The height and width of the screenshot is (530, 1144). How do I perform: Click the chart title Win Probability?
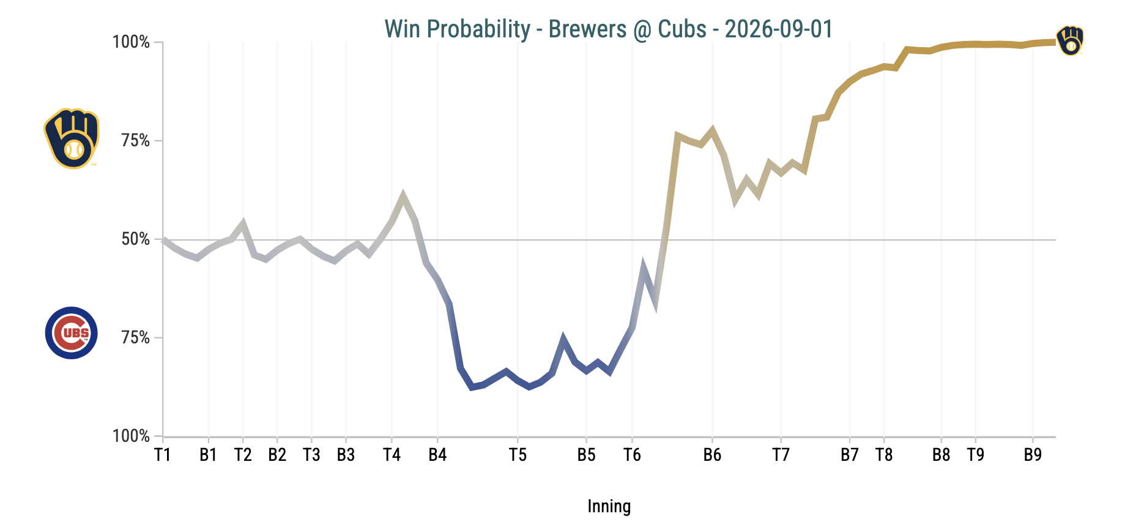[457, 29]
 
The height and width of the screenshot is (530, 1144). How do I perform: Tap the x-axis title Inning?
[609, 507]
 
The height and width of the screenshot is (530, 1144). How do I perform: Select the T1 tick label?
[163, 455]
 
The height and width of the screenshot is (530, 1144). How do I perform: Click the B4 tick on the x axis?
[437, 455]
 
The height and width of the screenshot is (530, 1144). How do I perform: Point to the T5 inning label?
[518, 455]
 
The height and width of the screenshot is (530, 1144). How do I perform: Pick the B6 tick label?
[712, 455]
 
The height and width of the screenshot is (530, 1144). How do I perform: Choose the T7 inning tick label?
[781, 455]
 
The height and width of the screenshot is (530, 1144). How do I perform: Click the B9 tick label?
[1033, 455]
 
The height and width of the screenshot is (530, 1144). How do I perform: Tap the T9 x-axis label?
[975, 455]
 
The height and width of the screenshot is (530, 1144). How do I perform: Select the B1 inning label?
[209, 455]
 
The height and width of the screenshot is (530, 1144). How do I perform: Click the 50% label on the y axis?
[135, 239]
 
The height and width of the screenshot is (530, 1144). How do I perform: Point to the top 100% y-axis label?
[131, 42]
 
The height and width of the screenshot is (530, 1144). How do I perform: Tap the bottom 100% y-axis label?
[131, 436]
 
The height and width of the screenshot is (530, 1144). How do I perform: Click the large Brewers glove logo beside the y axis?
[72, 139]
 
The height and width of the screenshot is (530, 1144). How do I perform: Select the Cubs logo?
[72, 333]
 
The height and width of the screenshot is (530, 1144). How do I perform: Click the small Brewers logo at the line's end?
[1070, 41]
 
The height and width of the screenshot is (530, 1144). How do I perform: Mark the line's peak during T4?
[403, 195]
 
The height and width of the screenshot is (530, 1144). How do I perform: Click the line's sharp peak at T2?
[243, 223]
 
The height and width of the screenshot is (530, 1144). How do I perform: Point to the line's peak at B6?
[712, 130]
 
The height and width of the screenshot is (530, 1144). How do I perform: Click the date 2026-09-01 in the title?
[779, 29]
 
